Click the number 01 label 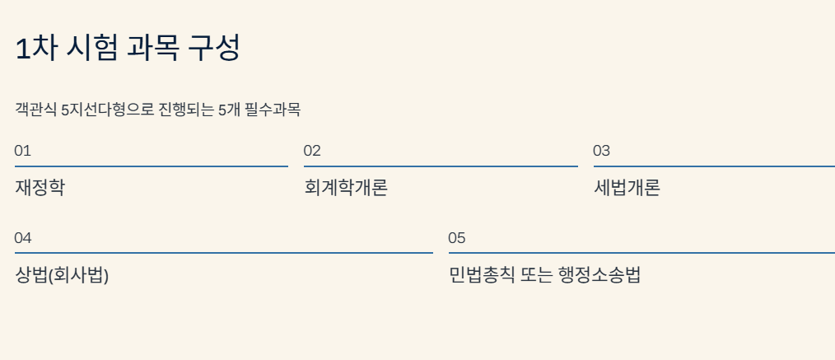point(22,151)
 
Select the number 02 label point(312,151)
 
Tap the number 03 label point(602,151)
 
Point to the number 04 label point(23,238)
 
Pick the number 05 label point(457,238)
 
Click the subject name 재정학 point(40,188)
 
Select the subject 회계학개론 point(346,188)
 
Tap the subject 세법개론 point(627,188)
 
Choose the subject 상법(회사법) point(62,275)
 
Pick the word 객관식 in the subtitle point(35,110)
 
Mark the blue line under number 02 point(441,166)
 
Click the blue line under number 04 point(223,253)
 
